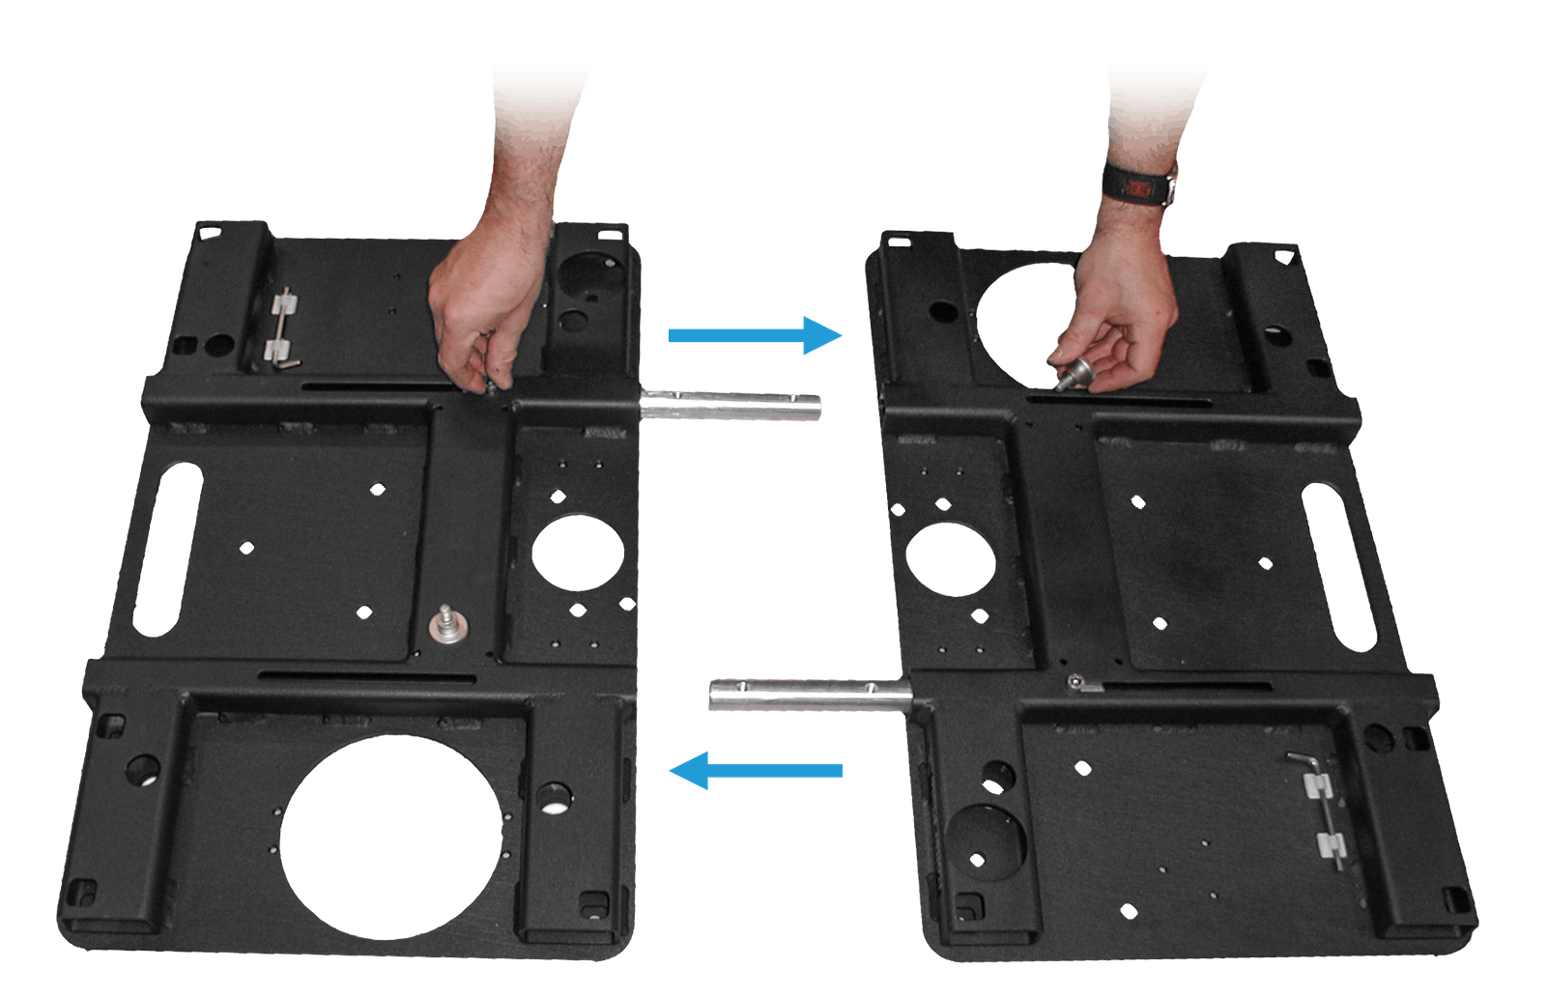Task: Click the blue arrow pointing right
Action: click(754, 335)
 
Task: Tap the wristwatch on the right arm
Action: click(1140, 184)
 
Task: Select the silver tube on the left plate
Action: click(730, 405)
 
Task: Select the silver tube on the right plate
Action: click(810, 695)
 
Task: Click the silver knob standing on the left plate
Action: click(447, 624)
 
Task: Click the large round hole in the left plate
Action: click(391, 837)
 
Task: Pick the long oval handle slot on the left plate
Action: click(167, 549)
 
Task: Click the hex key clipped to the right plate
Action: click(1320, 807)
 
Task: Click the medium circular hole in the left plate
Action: click(578, 553)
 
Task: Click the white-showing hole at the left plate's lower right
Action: click(555, 799)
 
